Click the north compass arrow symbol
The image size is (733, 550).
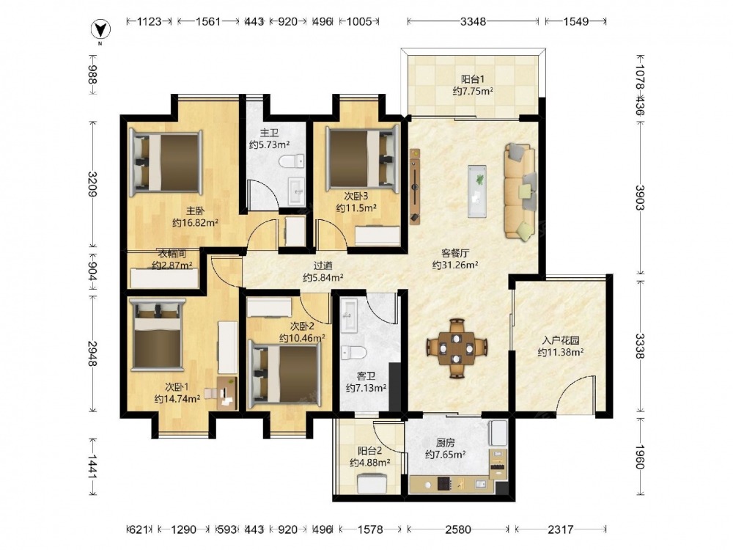point(100,30)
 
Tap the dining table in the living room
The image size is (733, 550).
point(456,348)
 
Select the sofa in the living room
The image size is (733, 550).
point(520,192)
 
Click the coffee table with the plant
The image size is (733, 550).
point(477,191)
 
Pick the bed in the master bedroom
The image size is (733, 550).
point(166,163)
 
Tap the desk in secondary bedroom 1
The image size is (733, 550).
point(227,393)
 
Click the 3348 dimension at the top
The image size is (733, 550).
point(473,21)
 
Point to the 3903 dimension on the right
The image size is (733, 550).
point(639,198)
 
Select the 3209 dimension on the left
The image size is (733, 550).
point(92,184)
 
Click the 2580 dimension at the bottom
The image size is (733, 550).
point(458,529)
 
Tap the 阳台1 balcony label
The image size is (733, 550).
point(473,79)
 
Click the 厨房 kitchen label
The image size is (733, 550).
point(445,442)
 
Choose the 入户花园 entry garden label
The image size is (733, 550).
point(561,340)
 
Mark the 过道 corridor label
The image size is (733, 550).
point(323,265)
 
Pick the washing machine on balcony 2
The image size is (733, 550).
point(372,483)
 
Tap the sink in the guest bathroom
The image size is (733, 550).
point(349,315)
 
